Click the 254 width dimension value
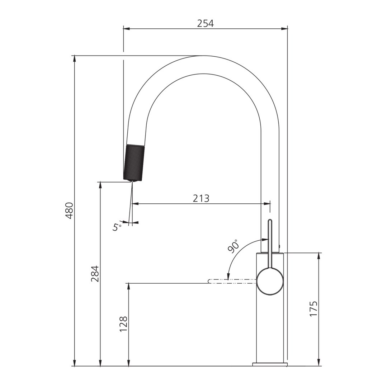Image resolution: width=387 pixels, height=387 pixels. point(205,23)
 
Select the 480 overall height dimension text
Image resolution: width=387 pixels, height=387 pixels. point(69,211)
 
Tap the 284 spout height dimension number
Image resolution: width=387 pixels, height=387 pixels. point(94,274)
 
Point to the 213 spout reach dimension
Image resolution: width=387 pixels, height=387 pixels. point(201,198)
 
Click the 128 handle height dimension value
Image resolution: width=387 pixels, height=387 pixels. point(123,324)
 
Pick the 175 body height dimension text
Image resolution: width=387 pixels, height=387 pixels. point(313,308)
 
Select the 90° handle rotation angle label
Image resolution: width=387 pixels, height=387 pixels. point(233,246)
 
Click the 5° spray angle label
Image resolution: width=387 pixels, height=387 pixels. point(117,227)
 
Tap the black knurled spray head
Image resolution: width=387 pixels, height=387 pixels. point(133,162)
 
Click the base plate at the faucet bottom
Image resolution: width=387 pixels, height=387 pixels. point(270,364)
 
